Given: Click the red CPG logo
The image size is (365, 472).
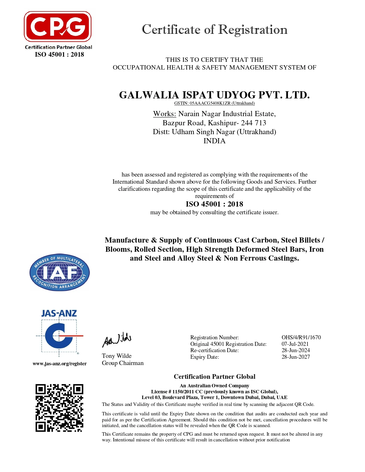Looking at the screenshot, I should (x=58, y=27).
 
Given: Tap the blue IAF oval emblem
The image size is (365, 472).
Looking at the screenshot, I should (x=60, y=272).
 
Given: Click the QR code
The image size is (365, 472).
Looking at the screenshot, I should (x=59, y=408).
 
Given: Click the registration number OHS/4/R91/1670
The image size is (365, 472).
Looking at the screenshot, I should (x=301, y=338).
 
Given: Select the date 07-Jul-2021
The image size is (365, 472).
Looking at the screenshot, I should (x=295, y=344).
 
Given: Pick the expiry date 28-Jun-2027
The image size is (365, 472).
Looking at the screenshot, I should (x=296, y=357).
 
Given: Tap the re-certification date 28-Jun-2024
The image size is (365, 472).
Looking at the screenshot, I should (x=296, y=350).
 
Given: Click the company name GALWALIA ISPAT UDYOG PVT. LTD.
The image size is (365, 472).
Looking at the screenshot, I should (x=214, y=95).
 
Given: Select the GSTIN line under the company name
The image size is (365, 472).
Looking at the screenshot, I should (x=214, y=103).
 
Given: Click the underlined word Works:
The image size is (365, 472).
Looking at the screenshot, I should (x=165, y=114).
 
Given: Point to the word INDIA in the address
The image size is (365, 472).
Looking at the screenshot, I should (x=214, y=141).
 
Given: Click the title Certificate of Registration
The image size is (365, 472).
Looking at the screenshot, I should (x=214, y=29).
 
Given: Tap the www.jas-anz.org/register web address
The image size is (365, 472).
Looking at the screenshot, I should (x=60, y=364).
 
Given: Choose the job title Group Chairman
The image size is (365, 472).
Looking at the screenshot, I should (x=123, y=363).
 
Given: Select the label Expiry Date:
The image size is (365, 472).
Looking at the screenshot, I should (x=205, y=357).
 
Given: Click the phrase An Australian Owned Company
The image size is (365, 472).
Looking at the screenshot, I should (x=214, y=386).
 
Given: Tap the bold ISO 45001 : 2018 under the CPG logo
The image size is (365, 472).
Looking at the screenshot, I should (x=60, y=55).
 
